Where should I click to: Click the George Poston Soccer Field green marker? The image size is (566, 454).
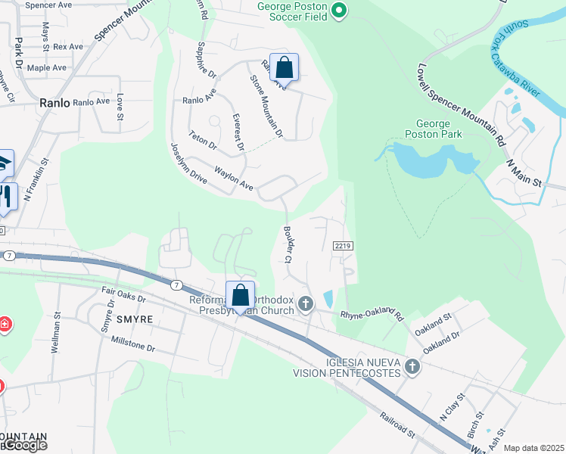pos(339,11)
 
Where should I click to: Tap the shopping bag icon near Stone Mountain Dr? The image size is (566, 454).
pos(284,67)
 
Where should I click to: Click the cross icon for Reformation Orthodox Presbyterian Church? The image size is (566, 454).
pos(306,303)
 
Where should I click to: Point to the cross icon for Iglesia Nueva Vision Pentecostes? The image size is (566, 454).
pos(412,367)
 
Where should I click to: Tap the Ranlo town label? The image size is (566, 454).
pos(55,102)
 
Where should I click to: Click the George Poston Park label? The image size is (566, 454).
pos(434,129)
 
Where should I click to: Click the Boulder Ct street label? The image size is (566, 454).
pos(288,243)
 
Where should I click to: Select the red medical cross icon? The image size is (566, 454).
pos(4,325)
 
